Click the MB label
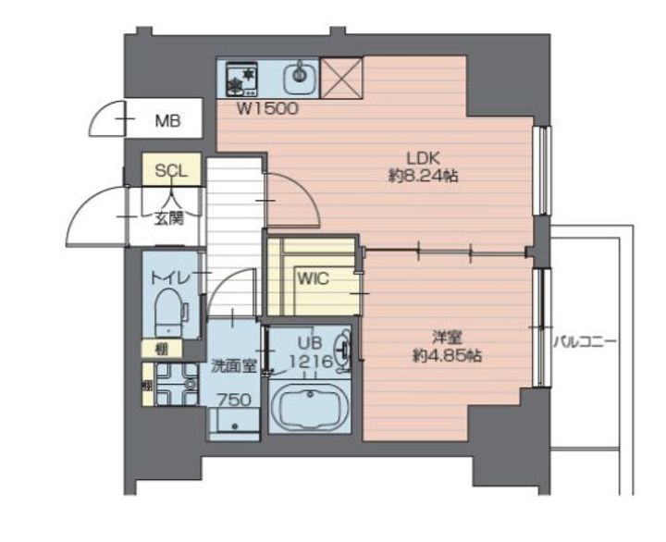pyautogui.click(x=167, y=120)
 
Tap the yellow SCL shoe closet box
pyautogui.click(x=171, y=171)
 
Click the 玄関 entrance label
pyautogui.click(x=169, y=219)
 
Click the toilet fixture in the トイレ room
pyautogui.click(x=169, y=314)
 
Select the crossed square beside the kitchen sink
pyautogui.click(x=341, y=78)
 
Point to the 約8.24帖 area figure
pyautogui.click(x=423, y=174)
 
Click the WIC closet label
pyautogui.click(x=311, y=277)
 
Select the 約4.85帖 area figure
pyautogui.click(x=447, y=354)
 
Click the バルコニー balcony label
pyautogui.click(x=586, y=341)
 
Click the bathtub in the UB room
pyautogui.click(x=309, y=406)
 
